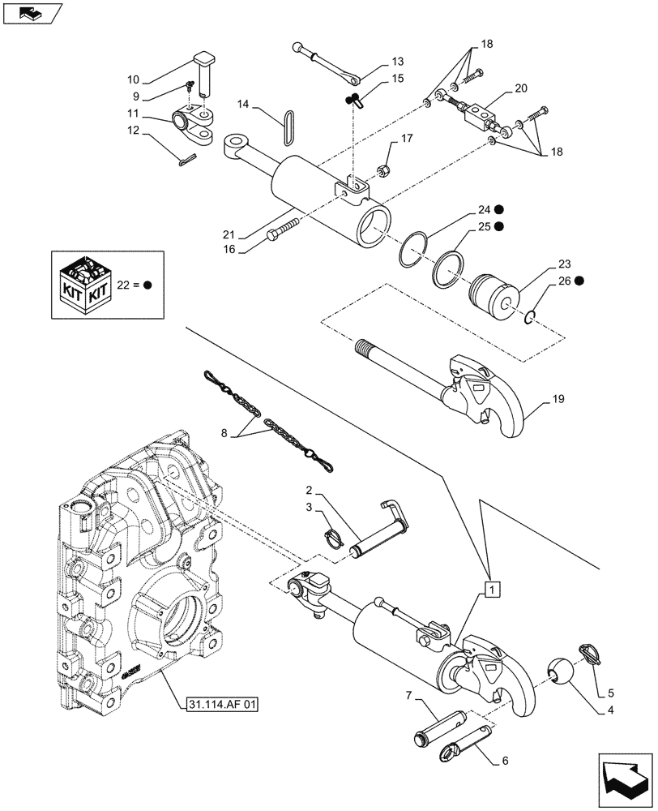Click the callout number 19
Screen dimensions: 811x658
coord(559,400)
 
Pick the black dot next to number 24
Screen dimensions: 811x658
coord(502,209)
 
